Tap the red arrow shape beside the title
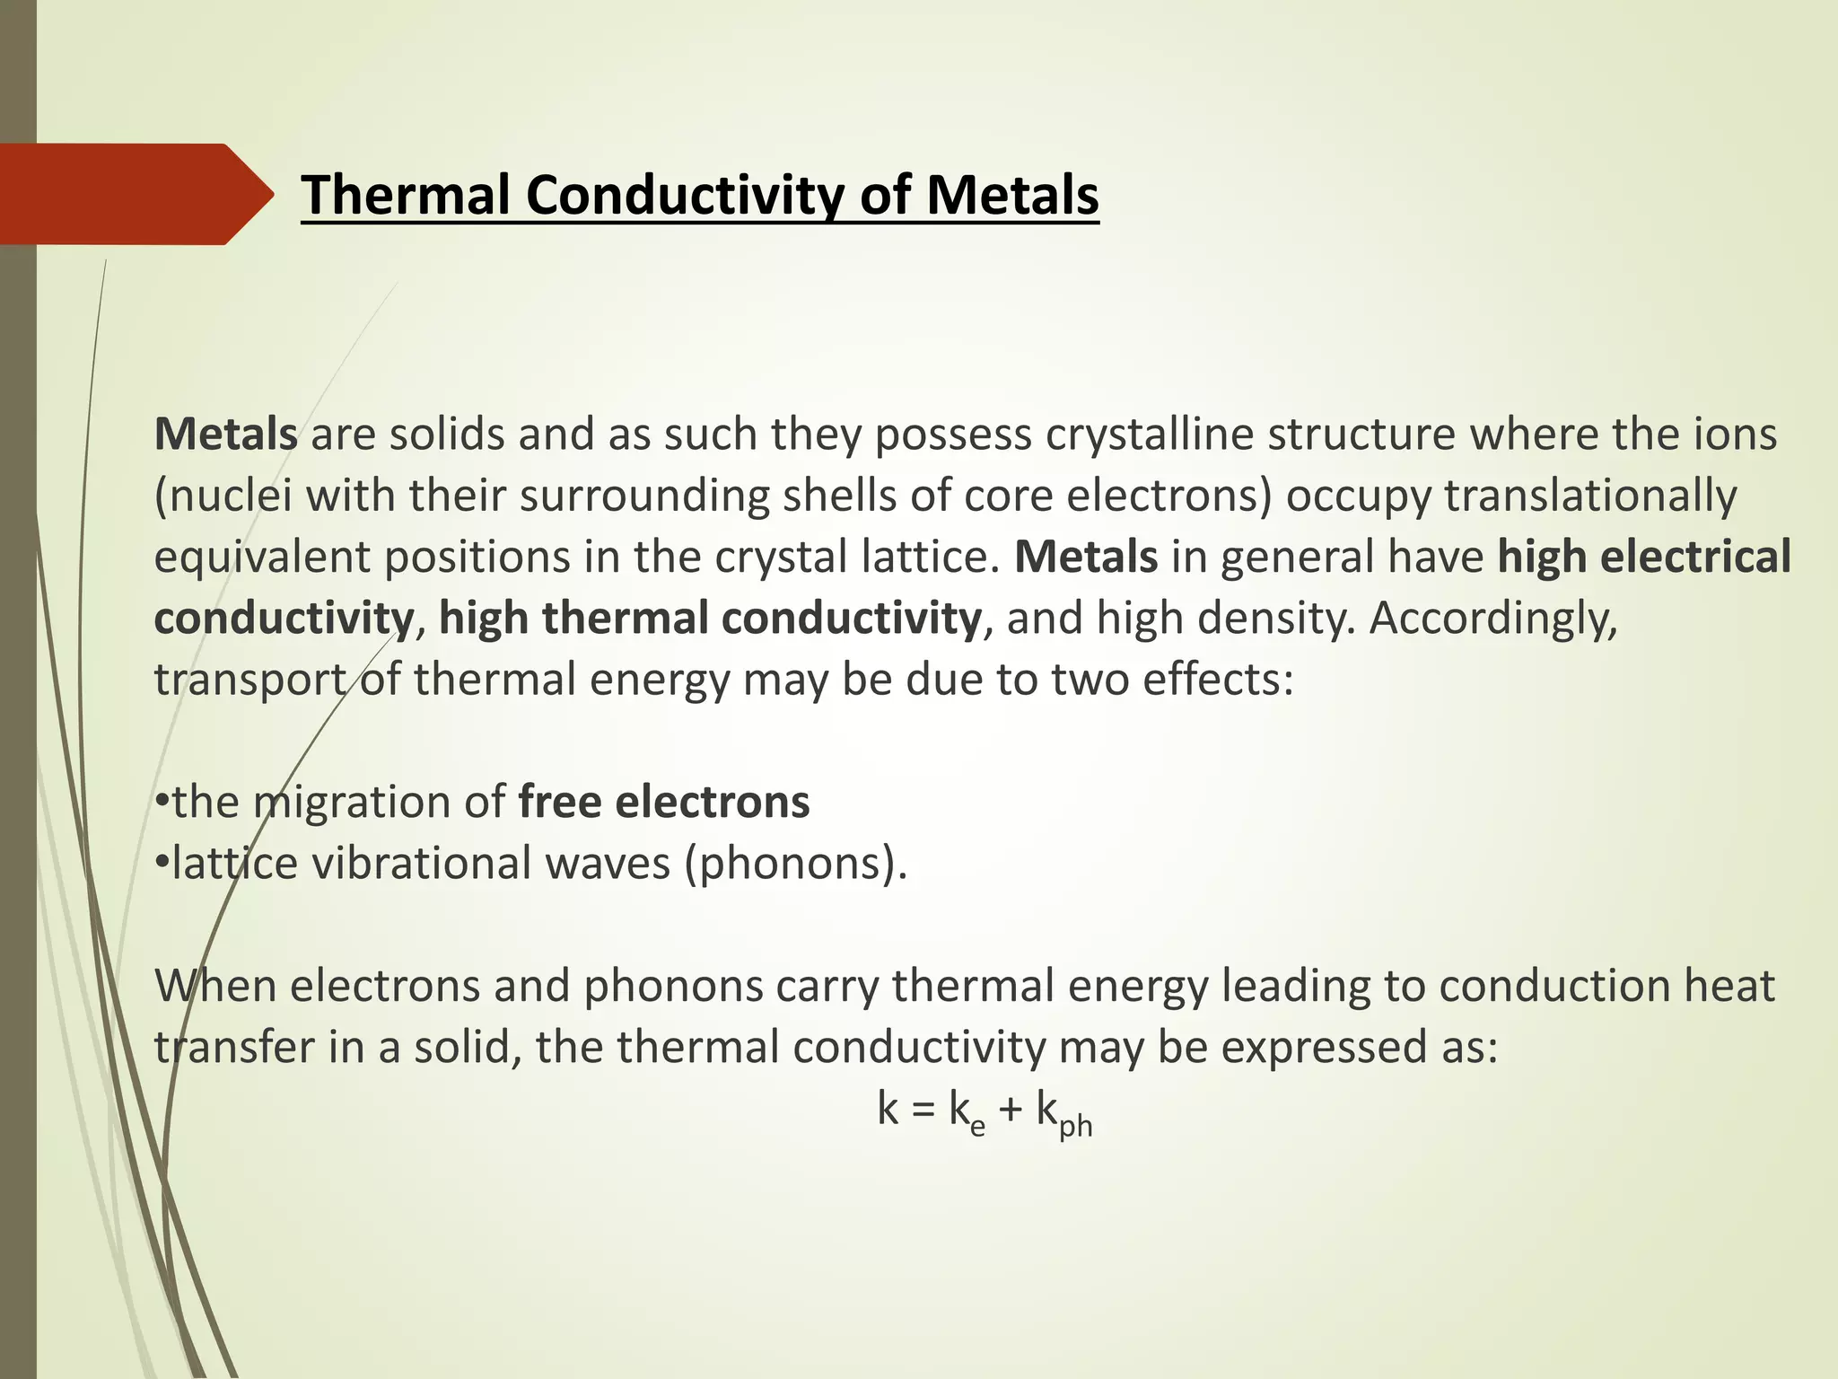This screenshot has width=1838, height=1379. click(135, 194)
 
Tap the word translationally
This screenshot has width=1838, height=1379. click(1589, 496)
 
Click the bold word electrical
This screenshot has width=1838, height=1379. click(1695, 558)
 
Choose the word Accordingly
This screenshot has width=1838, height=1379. click(1492, 619)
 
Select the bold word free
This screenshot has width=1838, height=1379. click(559, 803)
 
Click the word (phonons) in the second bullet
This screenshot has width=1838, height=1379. click(795, 864)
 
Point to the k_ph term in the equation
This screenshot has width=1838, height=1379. click(1064, 1113)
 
